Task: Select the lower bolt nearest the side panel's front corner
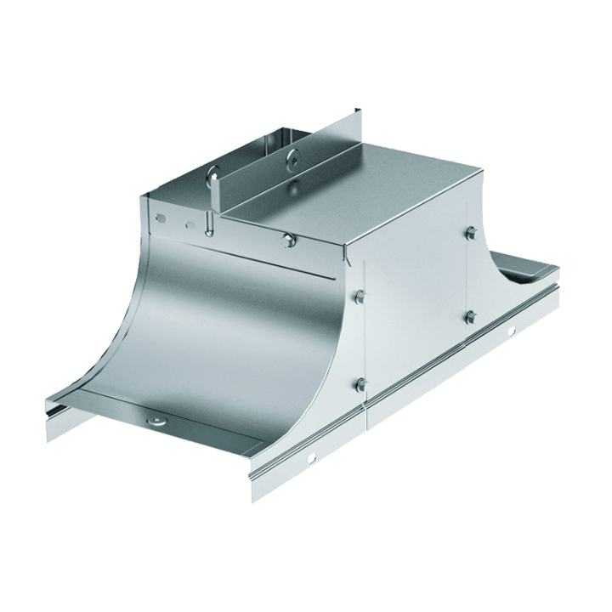click(x=360, y=383)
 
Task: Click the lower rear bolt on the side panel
click(x=469, y=317)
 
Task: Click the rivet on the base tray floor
click(x=156, y=422)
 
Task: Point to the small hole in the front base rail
click(x=311, y=459)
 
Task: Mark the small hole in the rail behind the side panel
click(x=510, y=331)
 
